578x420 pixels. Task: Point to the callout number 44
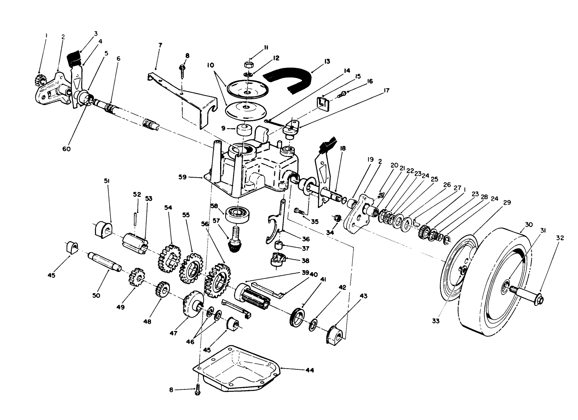tap(309, 370)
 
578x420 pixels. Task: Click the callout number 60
tap(66, 149)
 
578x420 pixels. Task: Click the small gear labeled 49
tap(135, 276)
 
